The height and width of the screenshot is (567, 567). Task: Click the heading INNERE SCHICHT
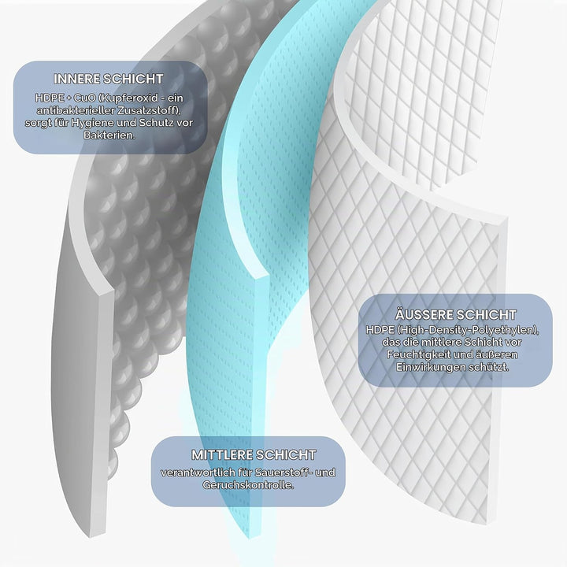click(109, 79)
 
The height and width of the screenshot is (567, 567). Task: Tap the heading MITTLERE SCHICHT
click(254, 454)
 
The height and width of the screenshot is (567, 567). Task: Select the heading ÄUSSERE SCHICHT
click(456, 314)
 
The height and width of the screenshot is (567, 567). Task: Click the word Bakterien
click(109, 135)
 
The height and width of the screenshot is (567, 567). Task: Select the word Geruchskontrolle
click(248, 485)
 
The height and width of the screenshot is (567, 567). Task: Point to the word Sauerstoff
click(281, 472)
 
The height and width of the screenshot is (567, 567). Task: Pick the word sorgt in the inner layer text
click(38, 123)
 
